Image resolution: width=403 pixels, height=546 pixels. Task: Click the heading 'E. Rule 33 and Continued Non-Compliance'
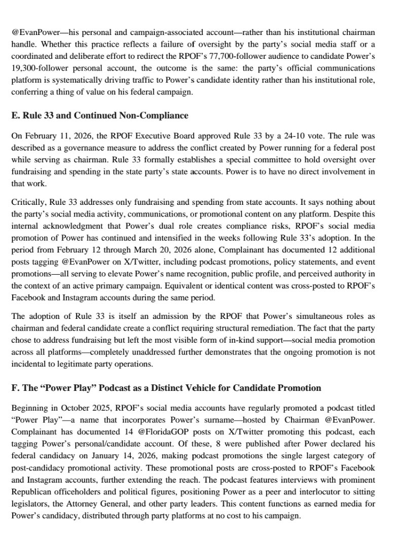[x=99, y=116]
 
